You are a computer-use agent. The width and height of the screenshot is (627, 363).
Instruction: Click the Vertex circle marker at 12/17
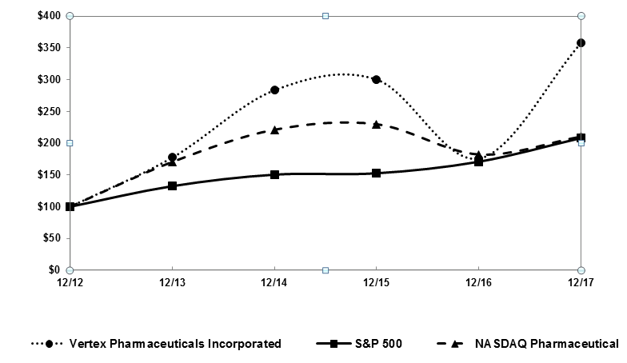(581, 42)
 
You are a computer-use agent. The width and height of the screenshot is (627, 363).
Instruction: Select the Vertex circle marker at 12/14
(274, 90)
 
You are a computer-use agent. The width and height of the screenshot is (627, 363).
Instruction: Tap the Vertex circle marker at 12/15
(377, 79)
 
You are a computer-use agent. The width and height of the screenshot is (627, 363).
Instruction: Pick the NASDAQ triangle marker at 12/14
(274, 130)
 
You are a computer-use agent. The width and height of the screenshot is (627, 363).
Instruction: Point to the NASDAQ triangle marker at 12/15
(377, 124)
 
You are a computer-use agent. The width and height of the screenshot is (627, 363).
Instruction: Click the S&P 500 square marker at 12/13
(172, 185)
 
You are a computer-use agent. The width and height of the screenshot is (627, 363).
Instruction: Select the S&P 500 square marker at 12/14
(274, 174)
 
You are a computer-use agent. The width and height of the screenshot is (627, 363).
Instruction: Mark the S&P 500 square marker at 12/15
(377, 173)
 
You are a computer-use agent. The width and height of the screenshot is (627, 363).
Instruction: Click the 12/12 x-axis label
(70, 282)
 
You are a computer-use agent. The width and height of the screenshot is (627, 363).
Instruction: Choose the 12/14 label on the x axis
(274, 282)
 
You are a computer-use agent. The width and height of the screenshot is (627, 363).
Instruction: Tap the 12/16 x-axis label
(479, 282)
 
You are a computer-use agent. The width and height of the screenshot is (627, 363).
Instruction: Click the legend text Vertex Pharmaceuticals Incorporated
(175, 344)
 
